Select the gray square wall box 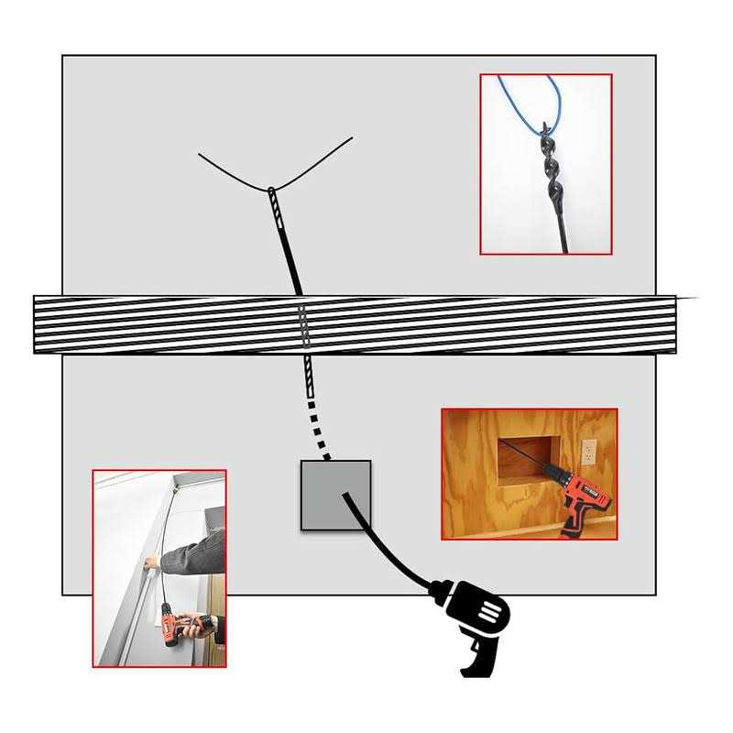(335, 495)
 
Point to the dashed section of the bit (314, 412)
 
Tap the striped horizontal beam (357, 324)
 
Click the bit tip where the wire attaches (271, 191)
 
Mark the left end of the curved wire (200, 154)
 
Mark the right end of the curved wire (352, 138)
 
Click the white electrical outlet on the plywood (588, 451)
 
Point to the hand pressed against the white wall (154, 561)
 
